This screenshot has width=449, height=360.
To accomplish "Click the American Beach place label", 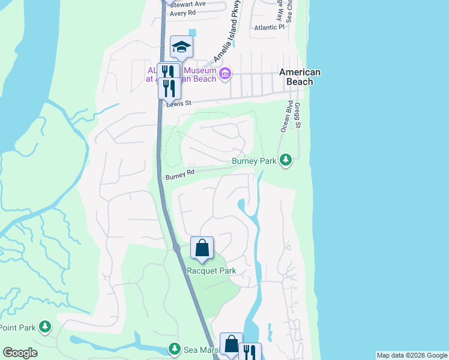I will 300,77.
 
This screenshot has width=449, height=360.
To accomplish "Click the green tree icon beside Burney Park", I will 287,160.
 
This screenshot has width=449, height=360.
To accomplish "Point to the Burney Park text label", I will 255,161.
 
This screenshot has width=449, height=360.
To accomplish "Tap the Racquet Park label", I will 211,271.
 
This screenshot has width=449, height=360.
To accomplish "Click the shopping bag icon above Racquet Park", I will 202,247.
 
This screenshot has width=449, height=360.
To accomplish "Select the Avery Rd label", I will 182,13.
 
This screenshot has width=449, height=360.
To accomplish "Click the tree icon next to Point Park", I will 44,326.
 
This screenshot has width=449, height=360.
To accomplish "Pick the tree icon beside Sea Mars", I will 174,349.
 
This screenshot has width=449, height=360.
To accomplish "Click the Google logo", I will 20,353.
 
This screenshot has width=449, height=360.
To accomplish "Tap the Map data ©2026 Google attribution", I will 412,356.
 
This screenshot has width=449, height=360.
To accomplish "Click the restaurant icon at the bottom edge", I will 250,352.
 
